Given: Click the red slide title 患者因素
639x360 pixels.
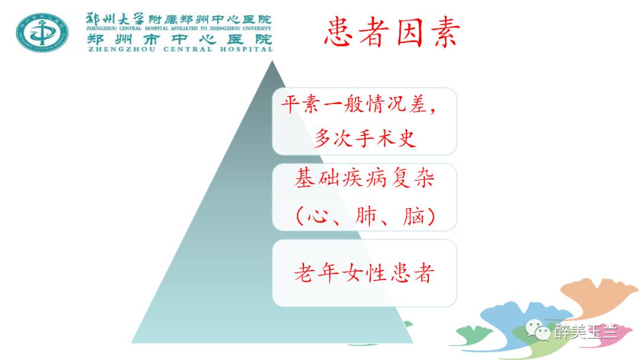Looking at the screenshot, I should [392, 33].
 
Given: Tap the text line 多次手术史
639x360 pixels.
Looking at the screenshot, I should [364, 139].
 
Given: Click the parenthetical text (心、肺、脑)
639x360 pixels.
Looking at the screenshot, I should [364, 216].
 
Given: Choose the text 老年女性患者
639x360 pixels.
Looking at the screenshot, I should [364, 272].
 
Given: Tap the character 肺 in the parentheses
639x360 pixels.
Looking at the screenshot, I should [367, 217].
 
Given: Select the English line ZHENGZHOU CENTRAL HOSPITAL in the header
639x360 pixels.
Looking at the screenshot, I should [180, 49].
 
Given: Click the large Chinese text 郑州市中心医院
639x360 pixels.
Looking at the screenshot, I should [180, 39].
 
